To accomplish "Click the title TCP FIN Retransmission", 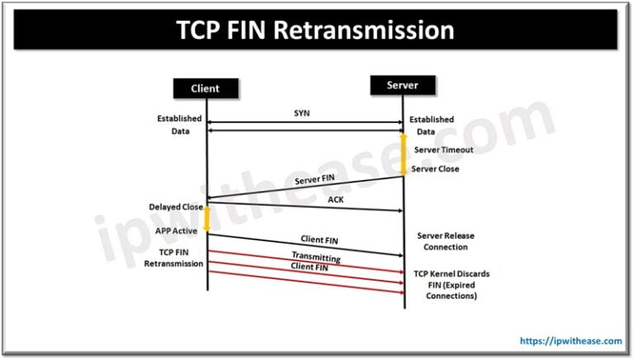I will [x=316, y=31].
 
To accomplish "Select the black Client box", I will [x=206, y=88].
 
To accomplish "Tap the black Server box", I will [x=403, y=84].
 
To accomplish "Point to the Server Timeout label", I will [x=443, y=149].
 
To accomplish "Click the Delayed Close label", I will [x=176, y=206].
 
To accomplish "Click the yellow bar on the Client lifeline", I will [x=207, y=217].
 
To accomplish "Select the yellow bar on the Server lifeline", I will [x=404, y=154].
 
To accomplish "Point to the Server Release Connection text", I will [x=446, y=241].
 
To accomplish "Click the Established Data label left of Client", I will [x=178, y=125].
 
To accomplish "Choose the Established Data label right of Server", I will [x=430, y=126].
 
